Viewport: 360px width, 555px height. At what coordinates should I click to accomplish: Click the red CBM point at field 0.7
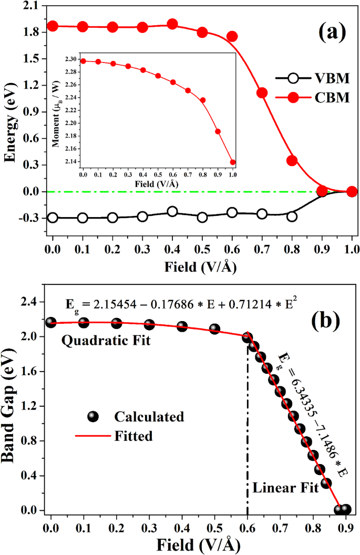pyautogui.click(x=262, y=93)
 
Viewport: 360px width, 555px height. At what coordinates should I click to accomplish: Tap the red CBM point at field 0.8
pyautogui.click(x=292, y=161)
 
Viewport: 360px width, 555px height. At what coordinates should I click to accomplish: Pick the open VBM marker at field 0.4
pyautogui.click(x=172, y=211)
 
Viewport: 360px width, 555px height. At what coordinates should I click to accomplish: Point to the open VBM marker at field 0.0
pyautogui.click(x=52, y=218)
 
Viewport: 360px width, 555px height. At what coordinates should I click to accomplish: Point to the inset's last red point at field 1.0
pyautogui.click(x=232, y=162)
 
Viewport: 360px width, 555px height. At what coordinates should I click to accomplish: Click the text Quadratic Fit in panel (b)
pyautogui.click(x=106, y=341)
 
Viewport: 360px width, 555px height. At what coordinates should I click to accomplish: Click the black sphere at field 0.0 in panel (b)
pyautogui.click(x=51, y=323)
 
